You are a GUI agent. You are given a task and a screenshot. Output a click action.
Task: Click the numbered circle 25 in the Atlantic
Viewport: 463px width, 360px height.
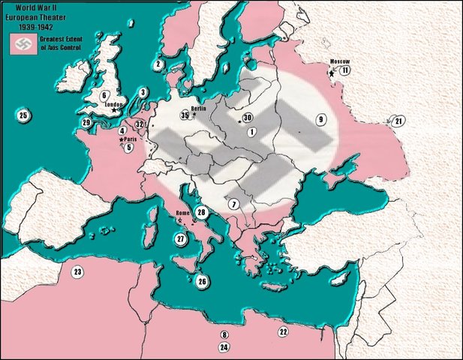click(23, 115)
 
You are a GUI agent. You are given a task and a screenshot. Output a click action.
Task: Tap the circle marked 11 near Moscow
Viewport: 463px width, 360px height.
click(344, 70)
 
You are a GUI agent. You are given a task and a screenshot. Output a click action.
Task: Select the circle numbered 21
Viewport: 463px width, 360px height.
click(398, 121)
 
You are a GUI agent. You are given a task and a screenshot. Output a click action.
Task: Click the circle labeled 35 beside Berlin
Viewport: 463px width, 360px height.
click(185, 115)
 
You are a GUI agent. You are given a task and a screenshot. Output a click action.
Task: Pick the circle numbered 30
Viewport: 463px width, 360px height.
click(247, 118)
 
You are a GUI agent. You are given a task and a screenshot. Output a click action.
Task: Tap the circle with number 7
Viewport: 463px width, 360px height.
click(234, 204)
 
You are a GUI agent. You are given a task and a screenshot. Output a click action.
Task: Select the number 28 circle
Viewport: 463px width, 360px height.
click(201, 212)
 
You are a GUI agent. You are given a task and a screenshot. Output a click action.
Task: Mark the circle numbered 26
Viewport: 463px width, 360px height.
click(201, 281)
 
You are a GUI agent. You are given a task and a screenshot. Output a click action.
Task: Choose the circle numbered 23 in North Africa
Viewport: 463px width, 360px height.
click(77, 271)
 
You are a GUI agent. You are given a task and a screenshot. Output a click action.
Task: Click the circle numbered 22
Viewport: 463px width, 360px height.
click(283, 331)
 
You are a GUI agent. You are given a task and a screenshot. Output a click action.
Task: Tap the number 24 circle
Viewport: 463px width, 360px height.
click(224, 347)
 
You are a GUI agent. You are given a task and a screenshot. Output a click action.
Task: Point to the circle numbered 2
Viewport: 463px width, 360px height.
click(158, 64)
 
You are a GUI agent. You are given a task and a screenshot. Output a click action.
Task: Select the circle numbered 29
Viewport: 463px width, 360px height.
click(86, 122)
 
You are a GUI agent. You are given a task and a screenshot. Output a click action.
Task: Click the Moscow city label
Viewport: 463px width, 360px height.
click(340, 61)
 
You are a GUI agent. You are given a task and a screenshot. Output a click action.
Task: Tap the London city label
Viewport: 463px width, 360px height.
click(114, 104)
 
